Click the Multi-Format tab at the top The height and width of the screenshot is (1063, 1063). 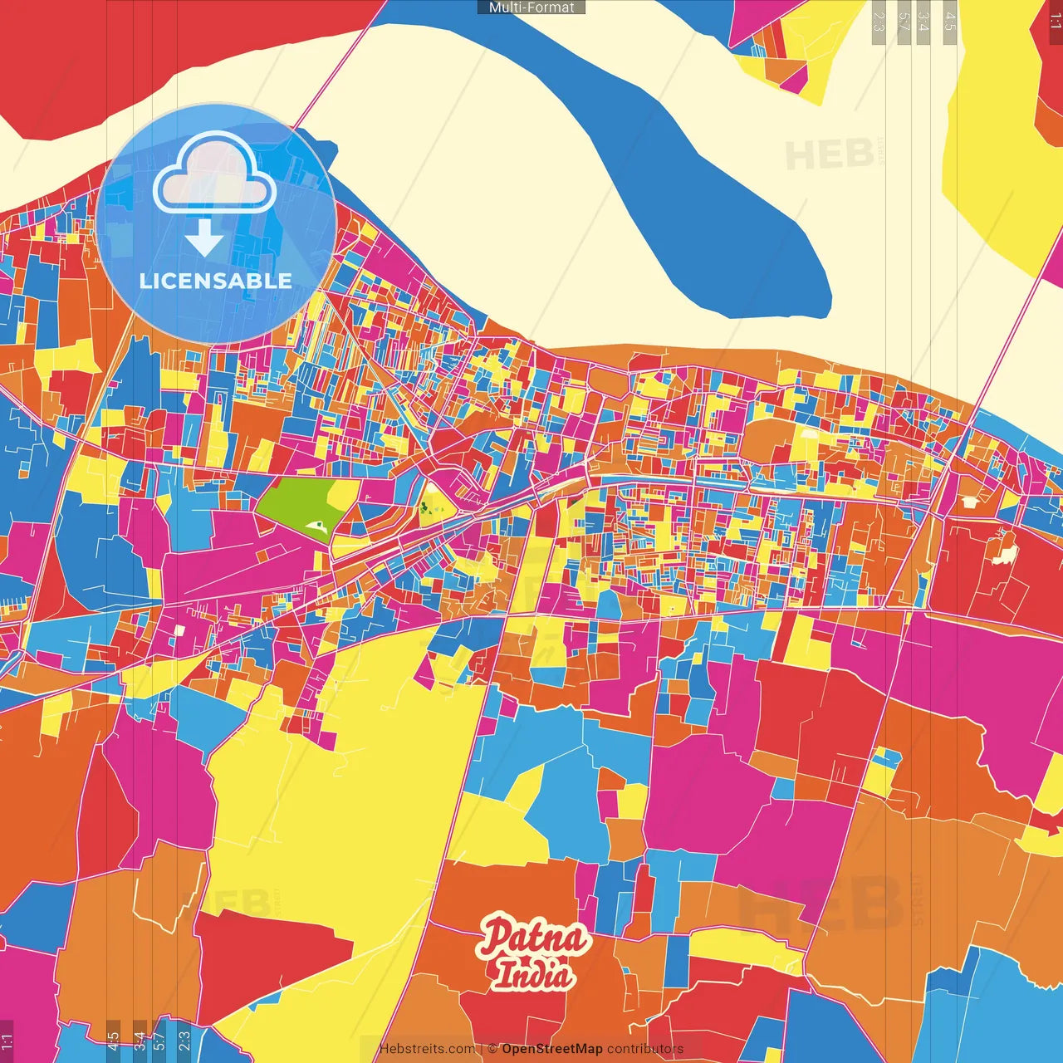tap(531, 7)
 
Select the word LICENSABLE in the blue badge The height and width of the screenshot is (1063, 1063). tap(216, 281)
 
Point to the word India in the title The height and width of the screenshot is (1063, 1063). tap(532, 974)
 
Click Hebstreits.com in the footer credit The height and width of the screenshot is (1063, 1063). tap(427, 1049)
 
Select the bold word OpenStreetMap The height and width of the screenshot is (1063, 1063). tap(552, 1049)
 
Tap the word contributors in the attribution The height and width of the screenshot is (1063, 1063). tap(645, 1049)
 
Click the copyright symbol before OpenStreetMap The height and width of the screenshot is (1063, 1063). tap(492, 1049)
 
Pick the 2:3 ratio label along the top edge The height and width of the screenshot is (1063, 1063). tap(878, 21)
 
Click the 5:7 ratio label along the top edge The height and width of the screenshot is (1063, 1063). tap(904, 21)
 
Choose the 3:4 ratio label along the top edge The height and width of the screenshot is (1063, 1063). tap(923, 21)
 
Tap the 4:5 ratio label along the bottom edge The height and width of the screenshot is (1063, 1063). tap(113, 1041)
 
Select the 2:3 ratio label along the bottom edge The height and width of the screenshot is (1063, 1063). tap(184, 1041)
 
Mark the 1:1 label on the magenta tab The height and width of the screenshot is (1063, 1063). tap(7, 1041)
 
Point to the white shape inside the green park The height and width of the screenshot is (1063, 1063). tap(316, 525)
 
